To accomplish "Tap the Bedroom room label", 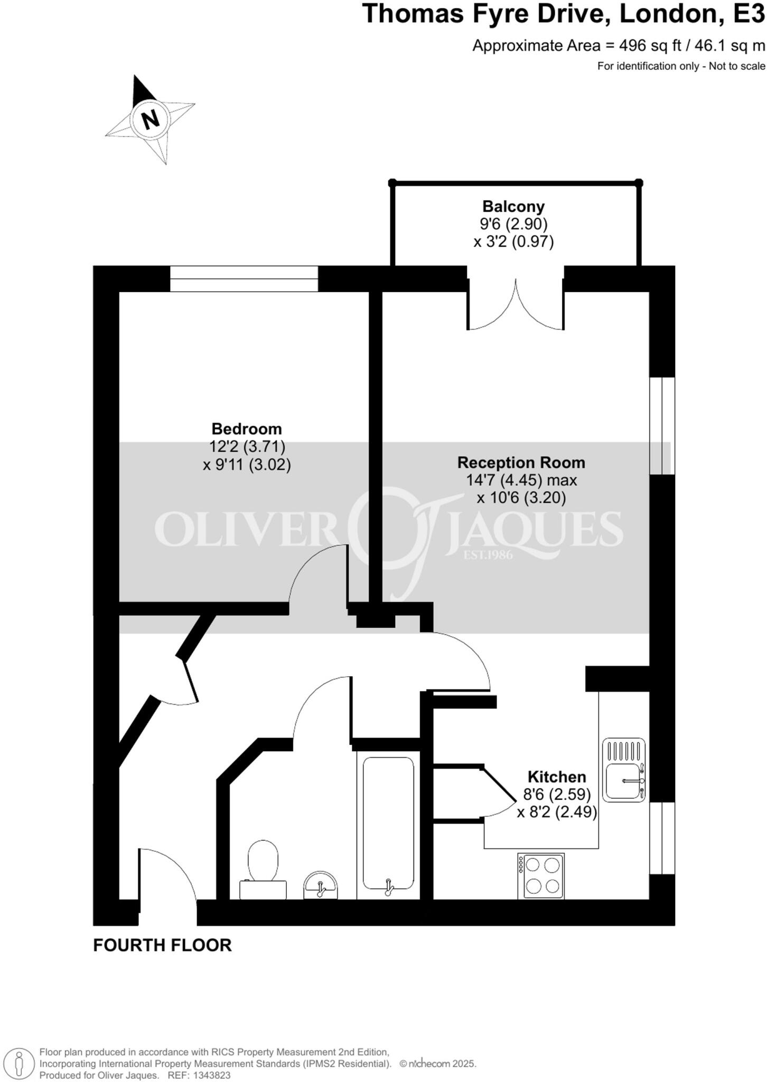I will click(247, 428).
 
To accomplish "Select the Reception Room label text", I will click(521, 462).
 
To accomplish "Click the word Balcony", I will click(513, 206).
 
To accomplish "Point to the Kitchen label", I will click(557, 777).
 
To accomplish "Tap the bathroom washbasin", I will click(320, 885).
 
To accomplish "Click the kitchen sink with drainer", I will click(624, 769).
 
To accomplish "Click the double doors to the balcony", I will click(515, 306).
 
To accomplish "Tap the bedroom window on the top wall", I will click(244, 278).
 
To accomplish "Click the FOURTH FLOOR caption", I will click(162, 945).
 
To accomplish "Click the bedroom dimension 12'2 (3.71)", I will click(247, 447).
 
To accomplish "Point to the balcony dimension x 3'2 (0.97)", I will click(513, 242).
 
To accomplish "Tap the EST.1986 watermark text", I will click(488, 555).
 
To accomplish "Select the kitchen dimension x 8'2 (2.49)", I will click(557, 812).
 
